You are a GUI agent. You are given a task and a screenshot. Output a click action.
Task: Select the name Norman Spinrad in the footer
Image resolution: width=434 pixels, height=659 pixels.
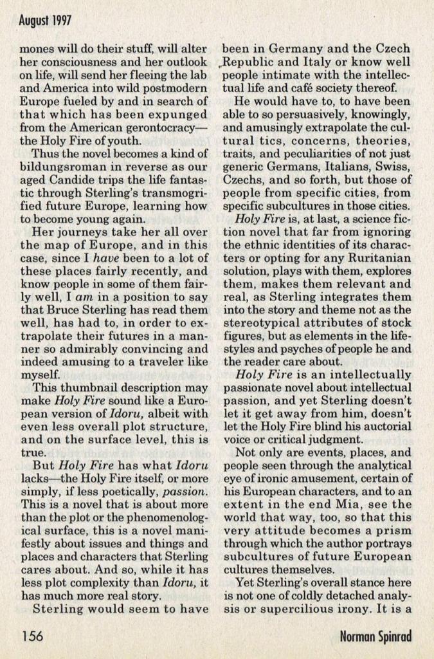pyautogui.click(x=377, y=637)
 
